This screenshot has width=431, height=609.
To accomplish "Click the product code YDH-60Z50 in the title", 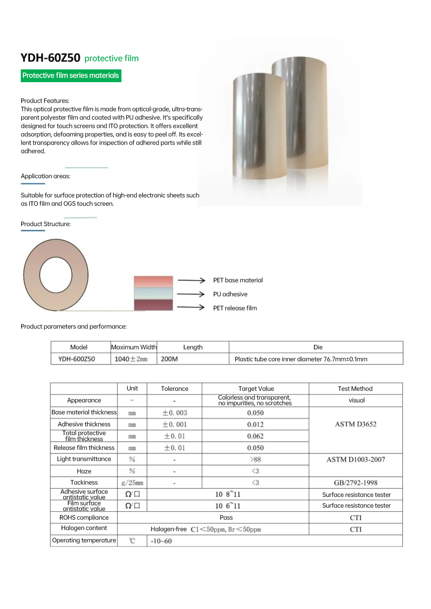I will click(x=50, y=58).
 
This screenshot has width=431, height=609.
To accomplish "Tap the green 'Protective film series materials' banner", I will click(x=71, y=75).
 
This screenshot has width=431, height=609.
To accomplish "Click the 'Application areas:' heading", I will click(x=46, y=176).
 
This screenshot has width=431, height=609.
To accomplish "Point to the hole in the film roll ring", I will click(x=56, y=275).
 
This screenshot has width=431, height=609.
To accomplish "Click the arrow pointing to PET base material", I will click(x=191, y=280).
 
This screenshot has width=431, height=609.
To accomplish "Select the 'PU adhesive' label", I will click(x=230, y=294).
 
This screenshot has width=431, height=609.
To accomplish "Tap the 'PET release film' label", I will click(x=235, y=308).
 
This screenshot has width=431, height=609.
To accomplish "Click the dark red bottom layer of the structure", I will click(x=153, y=305).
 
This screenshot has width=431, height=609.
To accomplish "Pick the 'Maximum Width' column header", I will click(x=134, y=347).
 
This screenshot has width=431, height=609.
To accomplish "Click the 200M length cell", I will click(x=169, y=359).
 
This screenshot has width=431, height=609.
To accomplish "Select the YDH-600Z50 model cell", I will click(x=77, y=359).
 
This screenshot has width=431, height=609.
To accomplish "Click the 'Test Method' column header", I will click(x=355, y=388).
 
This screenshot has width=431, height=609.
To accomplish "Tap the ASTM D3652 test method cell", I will click(x=356, y=424).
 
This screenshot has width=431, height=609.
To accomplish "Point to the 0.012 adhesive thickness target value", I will click(x=255, y=424).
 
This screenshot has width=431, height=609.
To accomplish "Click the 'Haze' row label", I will click(x=84, y=471).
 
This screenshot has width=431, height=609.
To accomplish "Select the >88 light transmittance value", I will click(x=255, y=459).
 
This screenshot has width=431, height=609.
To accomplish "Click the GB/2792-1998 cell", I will click(x=356, y=483).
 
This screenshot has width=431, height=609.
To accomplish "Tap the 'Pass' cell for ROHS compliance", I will click(x=226, y=517).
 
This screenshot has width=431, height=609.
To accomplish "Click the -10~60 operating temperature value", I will click(x=161, y=541).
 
